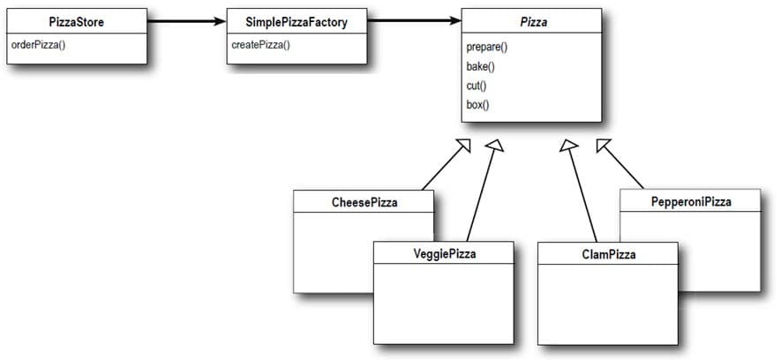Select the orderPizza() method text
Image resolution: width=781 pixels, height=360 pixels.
coord(40,45)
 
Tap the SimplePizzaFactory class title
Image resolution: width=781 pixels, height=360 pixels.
coord(297,22)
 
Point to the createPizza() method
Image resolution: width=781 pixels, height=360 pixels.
coord(261,45)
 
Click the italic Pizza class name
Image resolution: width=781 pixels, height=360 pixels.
coord(533,22)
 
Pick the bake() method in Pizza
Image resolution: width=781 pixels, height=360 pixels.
coord(481,66)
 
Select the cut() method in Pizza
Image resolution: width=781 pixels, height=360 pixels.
coord(477,86)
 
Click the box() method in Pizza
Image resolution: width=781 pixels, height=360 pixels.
coord(477,105)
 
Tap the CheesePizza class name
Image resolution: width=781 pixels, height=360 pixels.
coord(364,202)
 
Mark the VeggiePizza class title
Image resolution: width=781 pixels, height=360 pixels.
coord(444,254)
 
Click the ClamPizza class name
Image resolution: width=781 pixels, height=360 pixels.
coord(609,254)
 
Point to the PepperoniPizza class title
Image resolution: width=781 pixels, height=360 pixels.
coord(691,202)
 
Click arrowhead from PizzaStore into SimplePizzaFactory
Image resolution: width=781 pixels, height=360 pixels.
coord(221,19)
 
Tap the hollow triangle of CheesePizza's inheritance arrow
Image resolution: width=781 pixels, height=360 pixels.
coord(465,145)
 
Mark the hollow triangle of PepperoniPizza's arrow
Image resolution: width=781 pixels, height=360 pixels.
coord(603,145)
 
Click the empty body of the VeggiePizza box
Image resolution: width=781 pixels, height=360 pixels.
coord(444,304)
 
